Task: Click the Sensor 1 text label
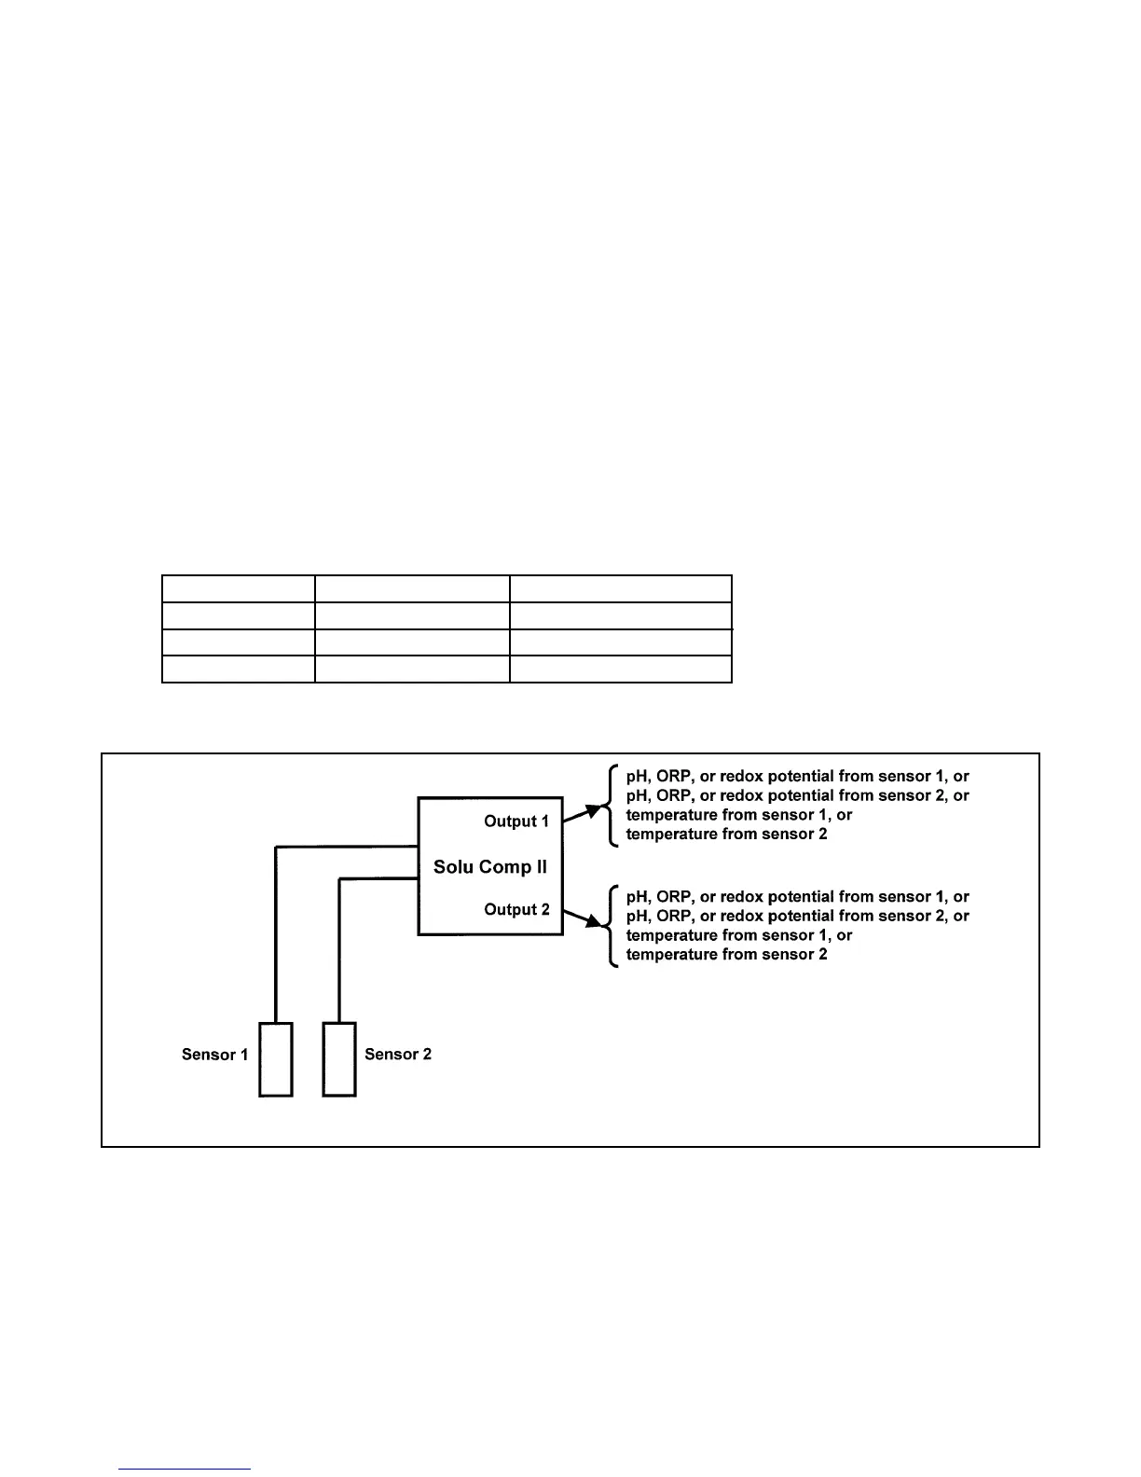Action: tap(214, 1055)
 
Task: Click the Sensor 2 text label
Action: tap(398, 1055)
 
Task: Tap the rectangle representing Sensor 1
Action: tap(275, 1059)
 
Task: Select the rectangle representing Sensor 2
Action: tap(339, 1059)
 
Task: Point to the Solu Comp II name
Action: tap(490, 867)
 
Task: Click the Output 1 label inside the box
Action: tap(516, 821)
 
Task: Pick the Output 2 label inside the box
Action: tap(516, 910)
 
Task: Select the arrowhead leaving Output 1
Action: tap(594, 809)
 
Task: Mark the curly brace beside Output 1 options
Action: tap(611, 805)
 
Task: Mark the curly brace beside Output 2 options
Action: tap(611, 926)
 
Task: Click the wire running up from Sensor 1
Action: tap(276, 932)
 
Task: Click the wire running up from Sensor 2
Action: tap(339, 951)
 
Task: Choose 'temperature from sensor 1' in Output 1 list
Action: tap(738, 815)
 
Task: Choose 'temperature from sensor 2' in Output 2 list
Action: tap(726, 955)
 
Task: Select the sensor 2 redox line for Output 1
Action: tap(797, 795)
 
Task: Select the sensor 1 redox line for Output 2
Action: tap(797, 897)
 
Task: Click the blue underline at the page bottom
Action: tap(185, 1470)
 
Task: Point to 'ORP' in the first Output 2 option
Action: tap(675, 897)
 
